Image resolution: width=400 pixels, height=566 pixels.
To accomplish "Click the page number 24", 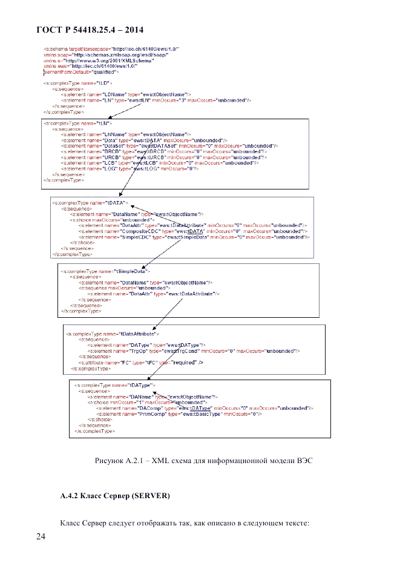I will click(x=41, y=536).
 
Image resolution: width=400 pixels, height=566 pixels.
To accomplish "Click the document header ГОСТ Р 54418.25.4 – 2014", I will click(x=89, y=30).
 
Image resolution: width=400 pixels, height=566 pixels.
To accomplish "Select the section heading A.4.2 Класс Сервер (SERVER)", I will click(x=115, y=496).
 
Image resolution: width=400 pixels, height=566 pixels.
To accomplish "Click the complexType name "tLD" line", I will click(x=77, y=82).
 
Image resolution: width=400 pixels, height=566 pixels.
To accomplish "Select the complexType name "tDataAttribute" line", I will click(x=113, y=334).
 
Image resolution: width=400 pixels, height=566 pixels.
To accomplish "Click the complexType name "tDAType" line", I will click(x=114, y=384).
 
